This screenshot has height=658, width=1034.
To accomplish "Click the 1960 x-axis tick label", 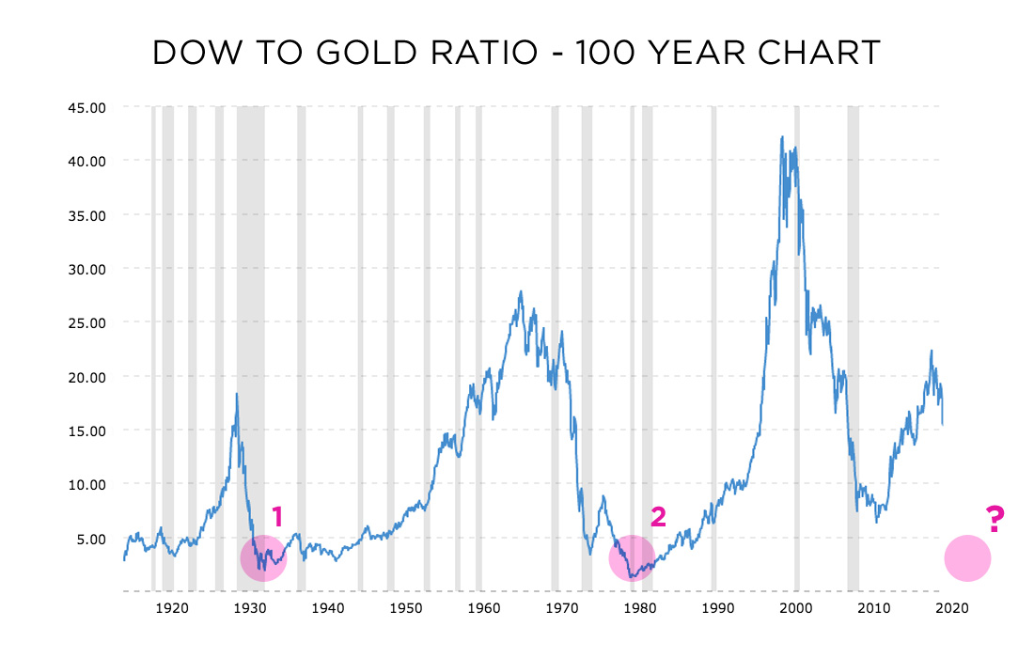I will coord(482,607).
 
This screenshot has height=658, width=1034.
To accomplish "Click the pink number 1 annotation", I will coord(277,516).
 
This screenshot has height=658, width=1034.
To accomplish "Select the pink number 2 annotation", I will coord(658,516).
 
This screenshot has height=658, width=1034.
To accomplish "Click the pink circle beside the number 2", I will coord(632,558).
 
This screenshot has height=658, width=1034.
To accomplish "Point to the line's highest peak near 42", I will coord(782,137).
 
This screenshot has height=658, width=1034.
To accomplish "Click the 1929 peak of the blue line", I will coord(237,394).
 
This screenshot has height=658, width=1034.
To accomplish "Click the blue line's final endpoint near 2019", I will coord(943,425).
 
